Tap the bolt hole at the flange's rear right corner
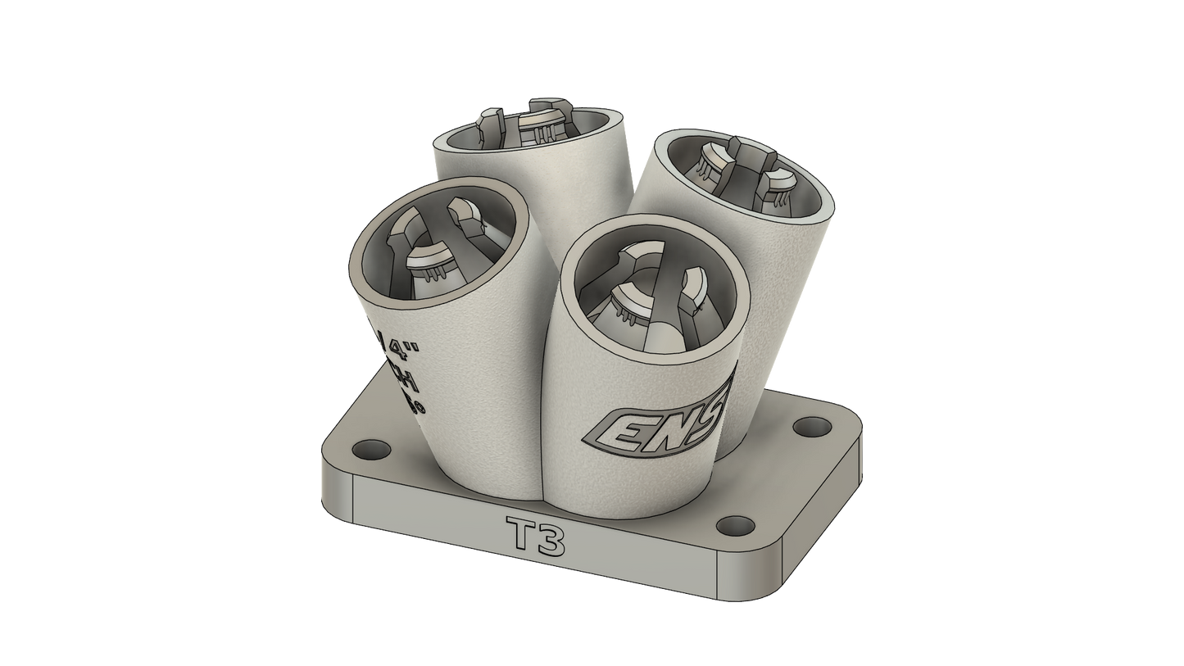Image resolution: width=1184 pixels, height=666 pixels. [811, 426]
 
